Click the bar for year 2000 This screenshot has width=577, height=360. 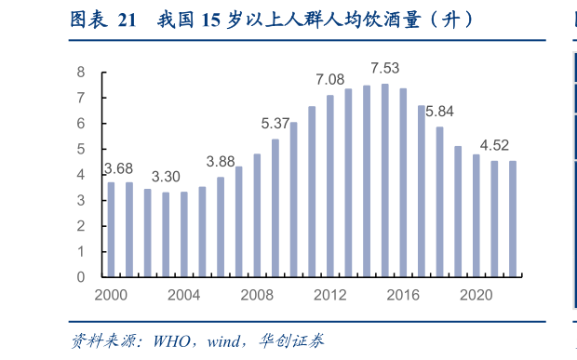pos(111,229)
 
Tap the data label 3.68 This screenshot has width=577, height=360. pos(117,168)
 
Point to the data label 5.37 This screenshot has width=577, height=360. pos(275,124)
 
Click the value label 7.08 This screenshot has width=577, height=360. pos(330,80)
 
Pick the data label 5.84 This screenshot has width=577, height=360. pos(438,112)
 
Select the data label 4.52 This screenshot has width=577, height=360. pos(493,145)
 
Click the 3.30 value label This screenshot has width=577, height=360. pos(166,178)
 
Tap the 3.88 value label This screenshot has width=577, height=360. pos(221,162)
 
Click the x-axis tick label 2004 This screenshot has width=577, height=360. pos(184,294)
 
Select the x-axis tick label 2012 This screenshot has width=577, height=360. pos(330,294)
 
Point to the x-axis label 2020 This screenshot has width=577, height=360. pos(476,294)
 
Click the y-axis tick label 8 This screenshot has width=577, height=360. pos(81,73)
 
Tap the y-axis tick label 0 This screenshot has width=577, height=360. pos(81,277)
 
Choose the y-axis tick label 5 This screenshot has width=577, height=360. pos(81,149)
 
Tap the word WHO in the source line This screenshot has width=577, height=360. pos(160,340)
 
